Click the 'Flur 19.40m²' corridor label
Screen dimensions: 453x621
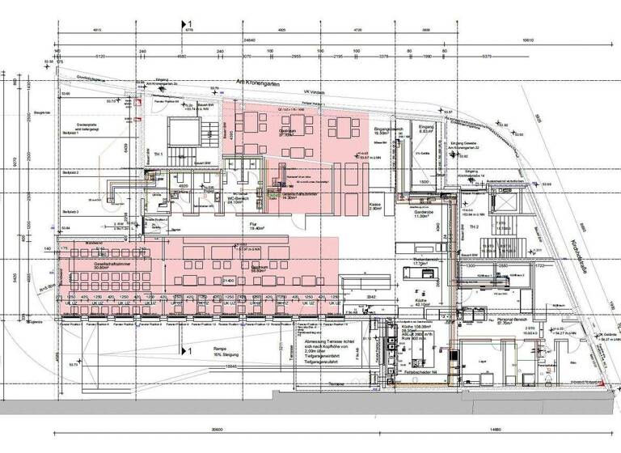[257, 227]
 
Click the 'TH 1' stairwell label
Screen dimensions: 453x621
[158, 154]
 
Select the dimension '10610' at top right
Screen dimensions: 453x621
[529, 39]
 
